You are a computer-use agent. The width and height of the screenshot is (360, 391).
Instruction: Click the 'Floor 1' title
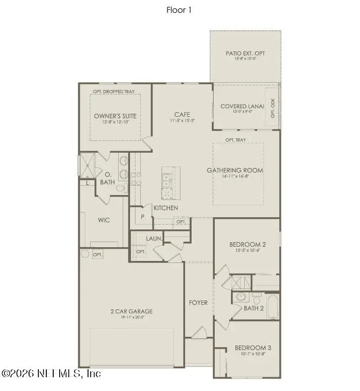179,10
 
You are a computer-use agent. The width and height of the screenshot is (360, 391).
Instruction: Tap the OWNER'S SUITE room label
115,116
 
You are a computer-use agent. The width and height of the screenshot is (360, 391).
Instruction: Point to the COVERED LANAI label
242,106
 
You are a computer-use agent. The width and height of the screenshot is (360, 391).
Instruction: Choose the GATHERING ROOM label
235,170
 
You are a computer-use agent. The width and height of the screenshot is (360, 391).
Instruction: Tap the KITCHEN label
166,208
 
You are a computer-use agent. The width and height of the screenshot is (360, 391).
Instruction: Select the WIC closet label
103,220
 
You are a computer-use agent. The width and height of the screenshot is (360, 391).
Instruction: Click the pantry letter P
142,216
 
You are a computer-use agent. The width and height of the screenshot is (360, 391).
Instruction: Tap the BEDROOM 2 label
248,245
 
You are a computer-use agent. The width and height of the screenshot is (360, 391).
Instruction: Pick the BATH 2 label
254,308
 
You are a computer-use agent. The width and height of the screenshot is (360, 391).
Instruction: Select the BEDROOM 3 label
253,348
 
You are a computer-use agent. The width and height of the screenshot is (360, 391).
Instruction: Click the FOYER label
198,302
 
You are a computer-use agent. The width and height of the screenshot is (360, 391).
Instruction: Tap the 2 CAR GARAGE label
131,311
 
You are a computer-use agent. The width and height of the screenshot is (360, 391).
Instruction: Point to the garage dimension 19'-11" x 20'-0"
131,318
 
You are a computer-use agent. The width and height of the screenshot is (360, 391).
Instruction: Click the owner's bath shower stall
88,166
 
